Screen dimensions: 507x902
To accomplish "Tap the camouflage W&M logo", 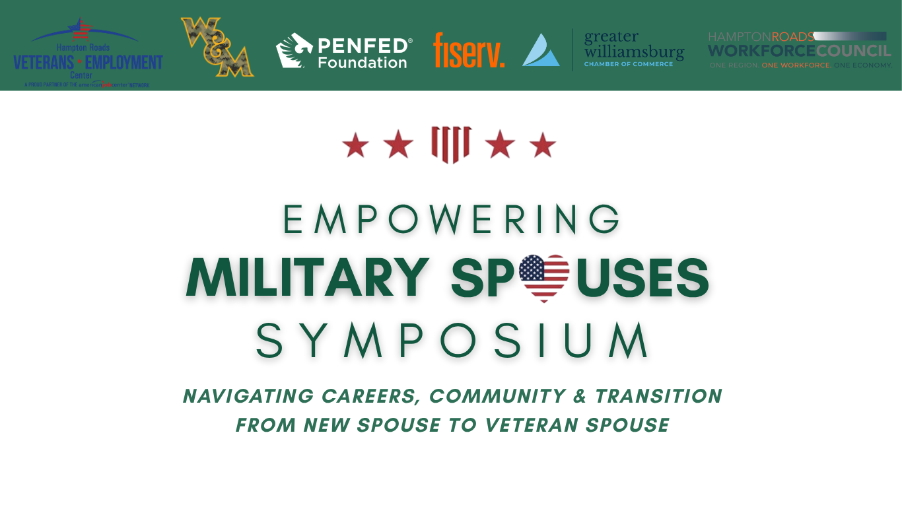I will click(x=217, y=47).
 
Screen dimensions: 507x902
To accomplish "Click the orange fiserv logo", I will click(x=469, y=51).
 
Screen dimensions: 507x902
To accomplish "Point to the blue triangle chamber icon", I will click(x=541, y=50).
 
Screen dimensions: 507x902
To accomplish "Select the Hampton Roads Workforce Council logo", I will click(x=800, y=50).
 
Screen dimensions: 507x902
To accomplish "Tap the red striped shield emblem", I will click(x=450, y=144).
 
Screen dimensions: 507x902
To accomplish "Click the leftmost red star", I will click(x=355, y=145).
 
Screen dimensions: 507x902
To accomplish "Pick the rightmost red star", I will click(x=543, y=145).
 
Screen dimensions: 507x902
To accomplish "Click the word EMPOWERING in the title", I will click(x=452, y=220).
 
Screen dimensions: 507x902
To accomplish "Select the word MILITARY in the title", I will click(x=308, y=278).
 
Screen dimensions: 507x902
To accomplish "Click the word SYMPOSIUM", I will click(x=452, y=341).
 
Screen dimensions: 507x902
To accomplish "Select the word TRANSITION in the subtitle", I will click(x=658, y=396).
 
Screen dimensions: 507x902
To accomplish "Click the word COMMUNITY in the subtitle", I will click(x=497, y=396).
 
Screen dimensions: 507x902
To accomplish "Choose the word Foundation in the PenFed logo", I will click(x=362, y=63).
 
